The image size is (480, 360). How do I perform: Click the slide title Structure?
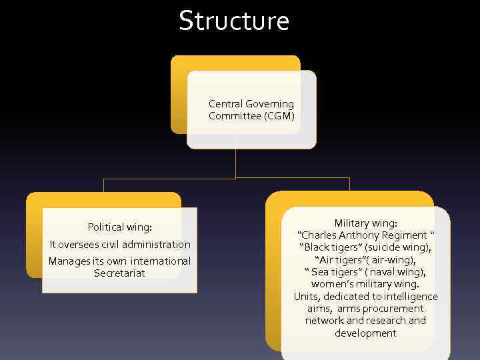coord(234,21)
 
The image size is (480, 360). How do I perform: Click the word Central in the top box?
coord(225,104)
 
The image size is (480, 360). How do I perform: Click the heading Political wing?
coord(124,227)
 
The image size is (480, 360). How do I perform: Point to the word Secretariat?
coord(119,273)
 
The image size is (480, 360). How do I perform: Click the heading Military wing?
coord(365,223)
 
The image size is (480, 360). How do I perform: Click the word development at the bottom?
coord(365,333)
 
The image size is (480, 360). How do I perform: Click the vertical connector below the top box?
coord(235,163)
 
